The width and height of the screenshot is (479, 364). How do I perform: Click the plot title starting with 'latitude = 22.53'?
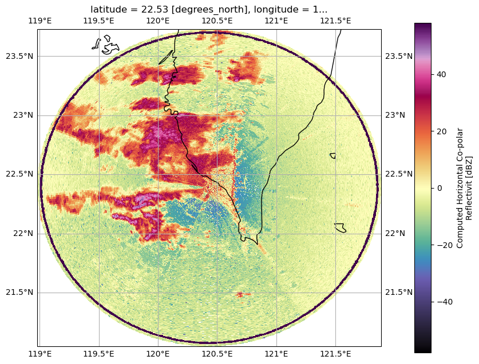[x=209, y=10]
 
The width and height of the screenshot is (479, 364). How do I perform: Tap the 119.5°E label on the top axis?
[x=98, y=21]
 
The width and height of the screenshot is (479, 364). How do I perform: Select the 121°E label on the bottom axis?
[x=276, y=354]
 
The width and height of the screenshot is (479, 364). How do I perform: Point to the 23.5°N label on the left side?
[x=19, y=57]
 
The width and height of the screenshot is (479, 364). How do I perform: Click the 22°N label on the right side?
[x=395, y=233]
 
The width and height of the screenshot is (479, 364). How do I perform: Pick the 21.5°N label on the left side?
[x=19, y=293]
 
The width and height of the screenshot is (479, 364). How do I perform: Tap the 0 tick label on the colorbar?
[x=440, y=188]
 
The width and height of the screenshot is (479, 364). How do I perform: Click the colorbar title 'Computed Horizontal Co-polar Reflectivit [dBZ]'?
[x=464, y=188]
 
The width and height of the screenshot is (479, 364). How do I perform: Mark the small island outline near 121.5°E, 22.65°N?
[x=332, y=155]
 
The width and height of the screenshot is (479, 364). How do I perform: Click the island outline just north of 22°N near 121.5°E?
[x=340, y=228]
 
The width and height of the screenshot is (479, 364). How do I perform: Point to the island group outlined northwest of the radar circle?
[x=105, y=45]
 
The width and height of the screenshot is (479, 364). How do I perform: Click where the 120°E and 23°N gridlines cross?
[x=159, y=115]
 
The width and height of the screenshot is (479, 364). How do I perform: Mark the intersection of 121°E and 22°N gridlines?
[x=276, y=234]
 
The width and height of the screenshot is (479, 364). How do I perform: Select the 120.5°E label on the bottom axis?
[x=217, y=354]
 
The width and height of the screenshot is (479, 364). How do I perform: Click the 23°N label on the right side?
[x=395, y=115]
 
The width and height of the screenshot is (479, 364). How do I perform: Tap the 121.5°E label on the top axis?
[x=335, y=21]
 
